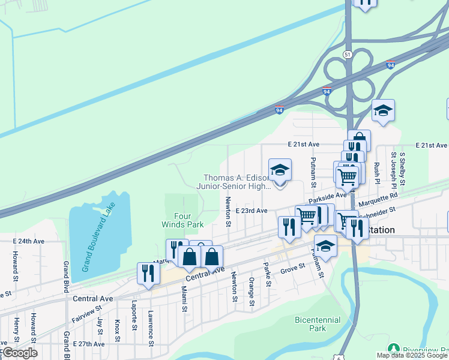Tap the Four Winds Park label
tap(182, 220)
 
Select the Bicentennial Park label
tap(318, 324)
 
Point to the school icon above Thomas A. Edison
tap(280, 170)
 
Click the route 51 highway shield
tap(348, 54)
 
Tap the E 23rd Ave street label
tap(252, 211)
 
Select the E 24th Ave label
tap(29, 241)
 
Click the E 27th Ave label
tap(88, 344)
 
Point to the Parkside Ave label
tap(328, 196)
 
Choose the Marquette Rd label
tap(385, 196)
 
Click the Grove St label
tap(293, 271)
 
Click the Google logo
tap(20, 353)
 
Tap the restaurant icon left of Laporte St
tap(148, 273)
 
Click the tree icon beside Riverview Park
tap(394, 348)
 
